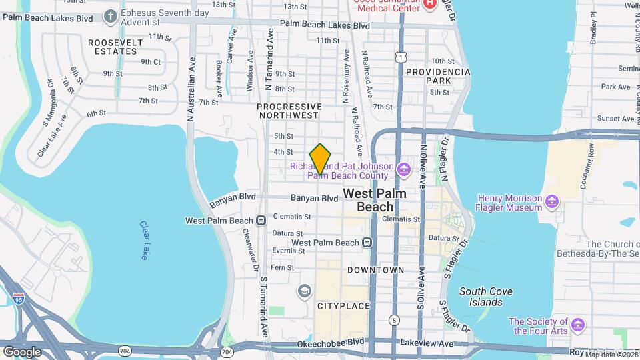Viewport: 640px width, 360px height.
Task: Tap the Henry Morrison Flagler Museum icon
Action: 551,201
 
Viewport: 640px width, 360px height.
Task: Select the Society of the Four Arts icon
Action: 577,325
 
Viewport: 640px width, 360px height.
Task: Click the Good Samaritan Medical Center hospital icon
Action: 430,3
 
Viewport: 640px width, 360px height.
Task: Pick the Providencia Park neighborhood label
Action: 438,76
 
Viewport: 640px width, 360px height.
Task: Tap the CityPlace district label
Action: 343,305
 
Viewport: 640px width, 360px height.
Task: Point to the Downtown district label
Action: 375,270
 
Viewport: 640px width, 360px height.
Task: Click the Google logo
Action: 22,351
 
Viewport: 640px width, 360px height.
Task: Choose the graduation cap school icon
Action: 305,291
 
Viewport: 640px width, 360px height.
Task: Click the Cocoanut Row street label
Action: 590,159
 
